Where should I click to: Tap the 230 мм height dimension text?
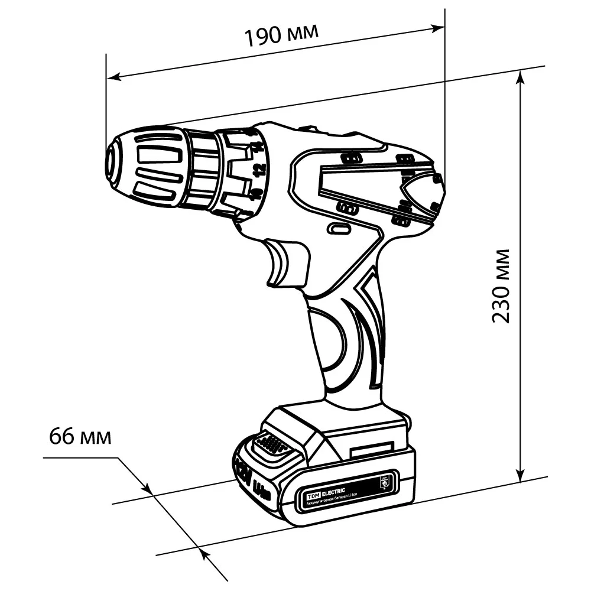[502, 285]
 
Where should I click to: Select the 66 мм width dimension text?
[80, 437]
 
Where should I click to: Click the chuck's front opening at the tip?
[111, 160]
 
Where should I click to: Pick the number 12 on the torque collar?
[258, 170]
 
